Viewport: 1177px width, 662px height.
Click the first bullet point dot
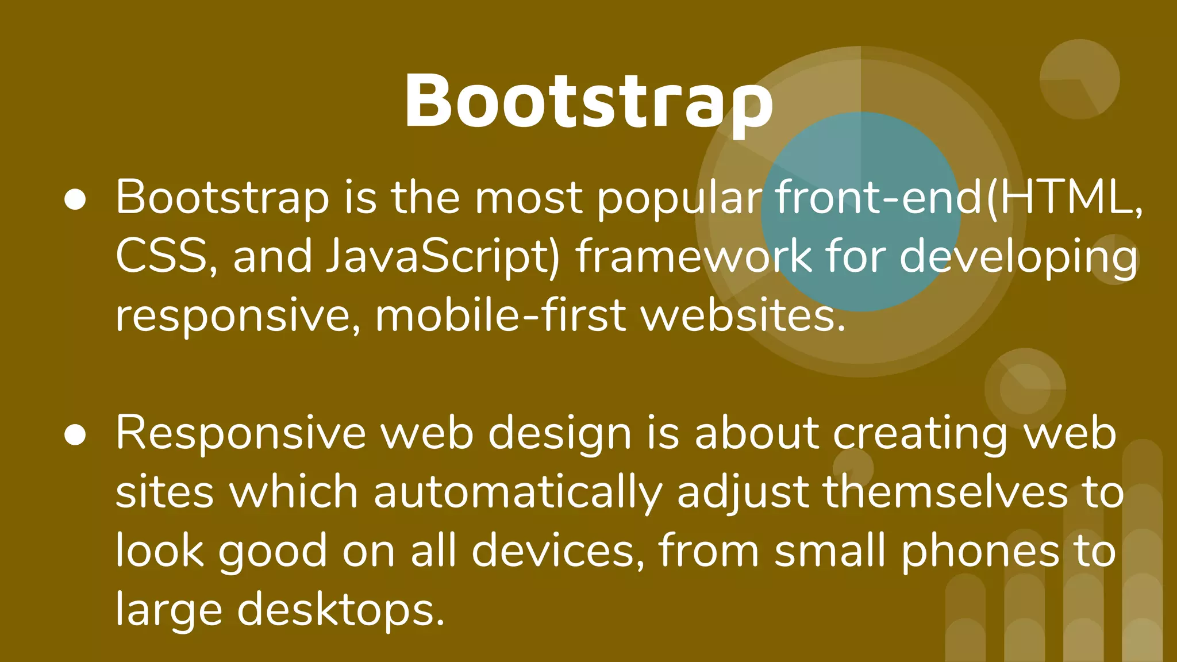tap(75, 199)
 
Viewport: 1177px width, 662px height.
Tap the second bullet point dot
tap(75, 435)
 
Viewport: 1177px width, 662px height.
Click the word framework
tap(694, 256)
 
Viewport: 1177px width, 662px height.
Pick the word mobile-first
tap(500, 315)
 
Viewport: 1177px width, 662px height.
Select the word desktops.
tap(341, 610)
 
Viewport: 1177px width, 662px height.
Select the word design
tap(560, 434)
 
